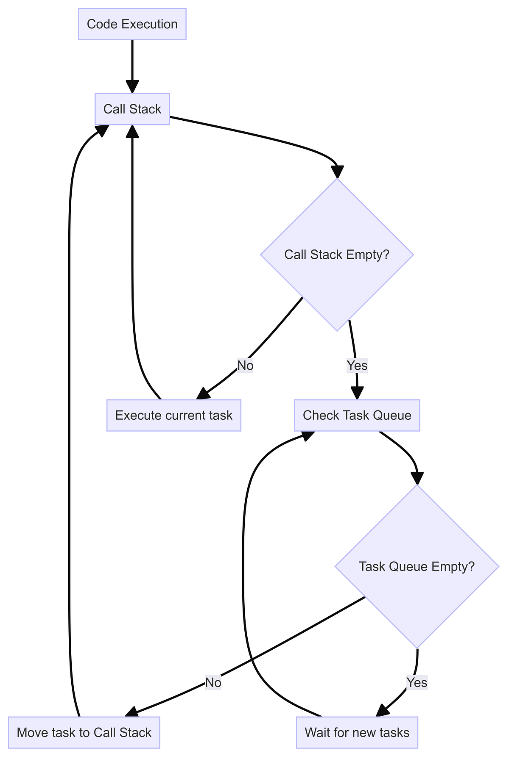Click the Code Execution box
click(132, 24)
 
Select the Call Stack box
click(132, 109)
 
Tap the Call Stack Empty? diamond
click(336, 255)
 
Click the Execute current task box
click(173, 415)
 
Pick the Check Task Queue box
click(357, 415)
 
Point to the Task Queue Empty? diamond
click(417, 566)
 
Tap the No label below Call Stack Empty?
click(245, 365)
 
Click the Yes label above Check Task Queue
click(357, 365)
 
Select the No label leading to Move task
click(213, 682)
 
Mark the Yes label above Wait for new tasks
click(417, 682)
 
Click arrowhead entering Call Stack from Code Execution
click(132, 87)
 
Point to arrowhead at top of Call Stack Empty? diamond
click(337, 172)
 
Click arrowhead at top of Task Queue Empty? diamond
click(417, 478)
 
